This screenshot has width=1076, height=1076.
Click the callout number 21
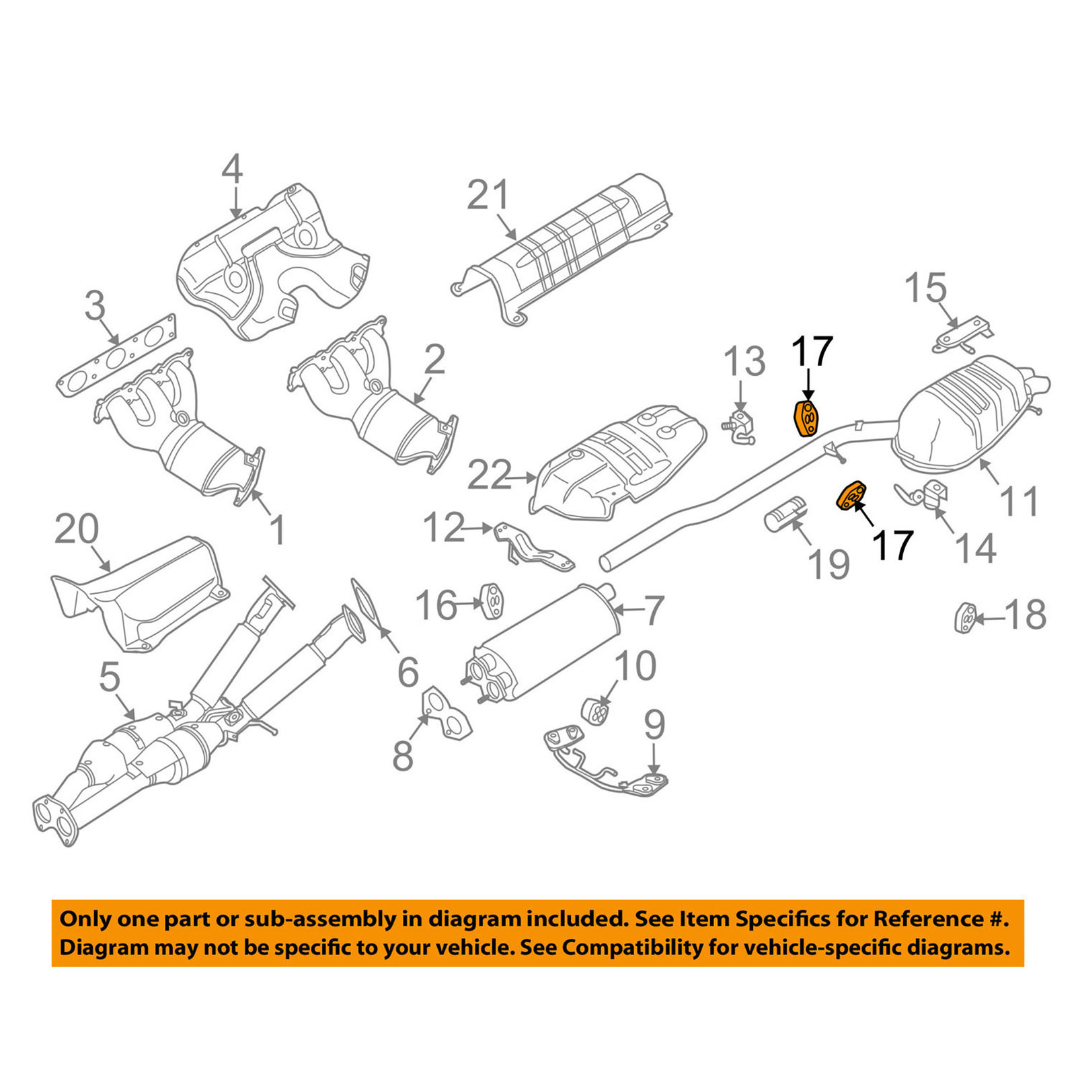tap(489, 195)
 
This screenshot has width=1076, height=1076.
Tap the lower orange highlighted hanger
tap(850, 496)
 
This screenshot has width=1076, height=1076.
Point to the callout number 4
tap(232, 169)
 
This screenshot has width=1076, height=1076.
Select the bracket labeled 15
tap(960, 336)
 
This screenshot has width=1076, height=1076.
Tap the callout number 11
tap(1020, 502)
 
